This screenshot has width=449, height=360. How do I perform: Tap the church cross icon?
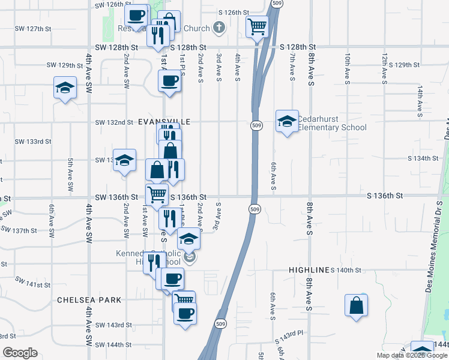pos(219,28)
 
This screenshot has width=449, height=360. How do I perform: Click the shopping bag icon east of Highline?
pos(357,305)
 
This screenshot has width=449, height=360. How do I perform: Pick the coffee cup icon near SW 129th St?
pos(169,80)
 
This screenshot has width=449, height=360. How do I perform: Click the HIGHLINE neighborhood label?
pos(309,271)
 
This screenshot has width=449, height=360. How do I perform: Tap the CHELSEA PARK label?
pos(89,299)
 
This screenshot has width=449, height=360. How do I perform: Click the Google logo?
pos(20,353)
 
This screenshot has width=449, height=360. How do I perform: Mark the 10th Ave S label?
pos(348,67)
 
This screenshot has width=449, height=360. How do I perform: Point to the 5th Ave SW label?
pos(70,175)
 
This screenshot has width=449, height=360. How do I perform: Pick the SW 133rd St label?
pos(32,142)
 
